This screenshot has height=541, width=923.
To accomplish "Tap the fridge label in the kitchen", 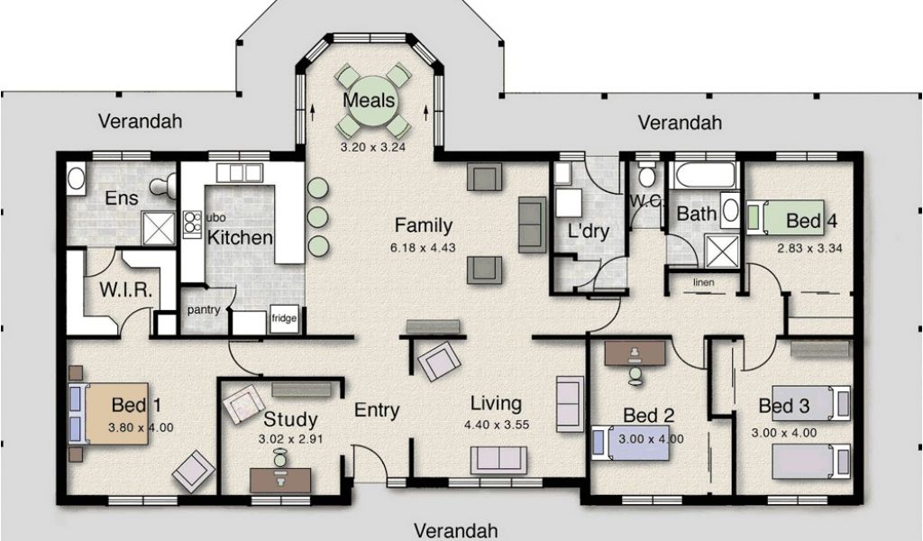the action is click(284, 318).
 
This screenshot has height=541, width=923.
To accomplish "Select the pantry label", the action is click(204, 309).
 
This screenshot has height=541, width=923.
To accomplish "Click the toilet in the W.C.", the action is click(647, 175).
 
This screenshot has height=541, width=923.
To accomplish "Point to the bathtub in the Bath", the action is click(705, 174).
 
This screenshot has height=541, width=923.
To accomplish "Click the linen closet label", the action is click(703, 282).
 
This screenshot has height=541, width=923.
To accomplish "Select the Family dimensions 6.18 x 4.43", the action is click(423, 248).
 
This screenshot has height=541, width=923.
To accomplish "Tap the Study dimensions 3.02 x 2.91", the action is click(291, 439).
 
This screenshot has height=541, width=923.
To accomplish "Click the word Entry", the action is click(377, 409).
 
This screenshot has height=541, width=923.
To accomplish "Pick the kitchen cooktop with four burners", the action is click(191, 224).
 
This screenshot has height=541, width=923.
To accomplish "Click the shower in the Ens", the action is click(159, 228).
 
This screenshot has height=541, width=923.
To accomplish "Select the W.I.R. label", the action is click(126, 289).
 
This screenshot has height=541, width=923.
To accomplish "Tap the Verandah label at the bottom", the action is click(456, 530).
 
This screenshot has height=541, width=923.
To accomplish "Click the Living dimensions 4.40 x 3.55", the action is click(497, 425).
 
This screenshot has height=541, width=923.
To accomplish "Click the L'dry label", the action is click(588, 231).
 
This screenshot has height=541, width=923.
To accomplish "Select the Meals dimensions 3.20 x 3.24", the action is click(373, 147).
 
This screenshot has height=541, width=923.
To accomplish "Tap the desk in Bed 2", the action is click(635, 353).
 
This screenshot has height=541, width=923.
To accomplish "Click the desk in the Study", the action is click(281, 480).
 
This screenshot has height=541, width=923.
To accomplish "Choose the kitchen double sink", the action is click(239, 173).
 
